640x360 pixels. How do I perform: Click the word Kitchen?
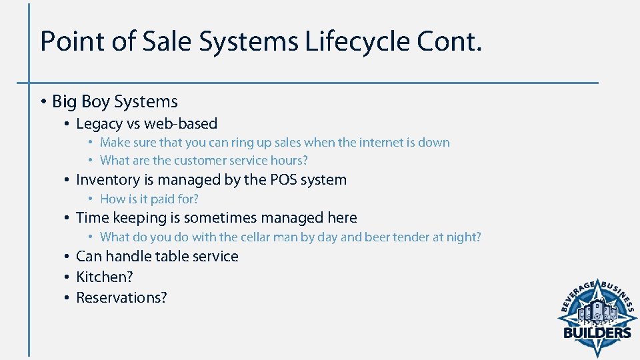pos(105,277)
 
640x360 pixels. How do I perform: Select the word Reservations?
pos(121,298)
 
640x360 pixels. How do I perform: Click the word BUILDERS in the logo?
pos(597,333)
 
